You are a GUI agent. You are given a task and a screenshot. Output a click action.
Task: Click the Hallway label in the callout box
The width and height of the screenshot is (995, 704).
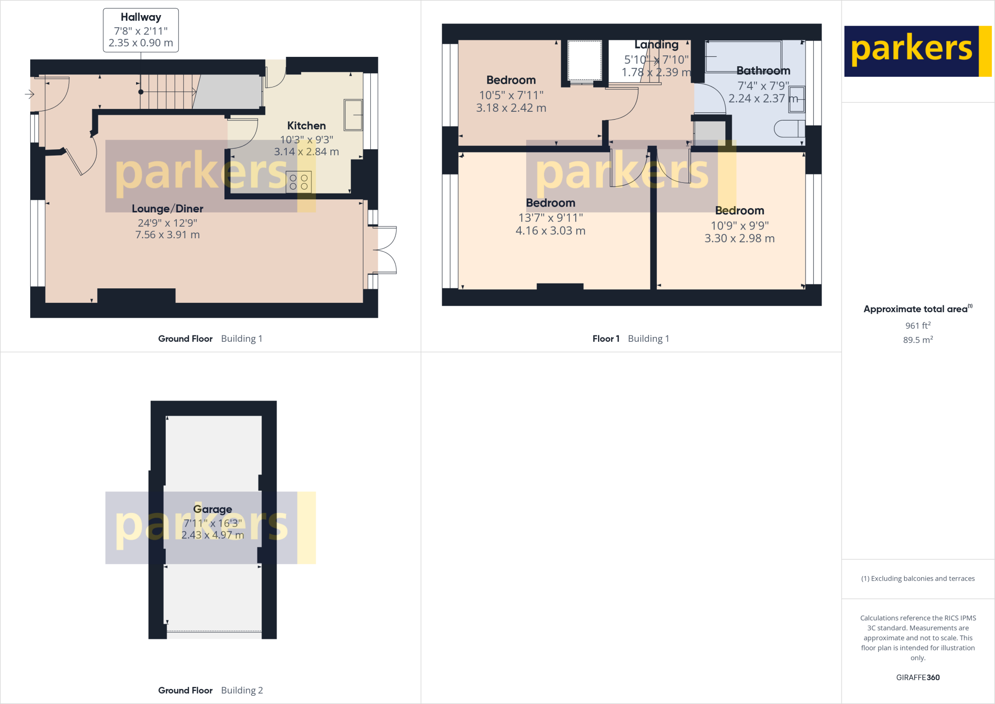[141, 18]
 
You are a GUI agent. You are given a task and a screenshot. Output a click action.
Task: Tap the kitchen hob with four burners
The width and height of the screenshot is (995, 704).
[299, 182]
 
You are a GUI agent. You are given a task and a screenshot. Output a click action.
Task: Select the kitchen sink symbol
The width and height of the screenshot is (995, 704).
[353, 115]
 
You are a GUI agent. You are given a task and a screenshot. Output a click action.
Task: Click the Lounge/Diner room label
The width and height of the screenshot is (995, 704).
[168, 209]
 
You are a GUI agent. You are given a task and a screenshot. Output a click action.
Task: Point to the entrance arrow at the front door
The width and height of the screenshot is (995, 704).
[30, 94]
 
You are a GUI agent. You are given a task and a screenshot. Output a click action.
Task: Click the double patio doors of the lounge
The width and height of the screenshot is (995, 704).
[386, 250]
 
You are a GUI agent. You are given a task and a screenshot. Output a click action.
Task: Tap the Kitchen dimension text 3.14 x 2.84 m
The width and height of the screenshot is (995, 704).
[307, 152]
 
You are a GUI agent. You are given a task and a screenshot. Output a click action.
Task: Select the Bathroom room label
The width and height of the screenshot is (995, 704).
[763, 71]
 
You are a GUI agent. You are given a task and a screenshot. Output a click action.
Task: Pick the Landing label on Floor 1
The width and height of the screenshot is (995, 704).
[656, 45]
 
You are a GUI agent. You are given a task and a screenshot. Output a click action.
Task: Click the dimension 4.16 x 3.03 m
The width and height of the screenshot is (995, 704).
[550, 231]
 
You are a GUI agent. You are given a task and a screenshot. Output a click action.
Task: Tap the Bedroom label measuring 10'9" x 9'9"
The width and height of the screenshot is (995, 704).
[739, 211]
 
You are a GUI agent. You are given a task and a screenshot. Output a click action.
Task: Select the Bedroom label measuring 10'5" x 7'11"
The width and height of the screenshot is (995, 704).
[511, 80]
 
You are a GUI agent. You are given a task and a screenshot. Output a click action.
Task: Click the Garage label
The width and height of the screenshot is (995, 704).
[212, 509]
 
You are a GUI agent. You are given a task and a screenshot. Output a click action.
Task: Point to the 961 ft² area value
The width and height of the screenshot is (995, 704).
[918, 326]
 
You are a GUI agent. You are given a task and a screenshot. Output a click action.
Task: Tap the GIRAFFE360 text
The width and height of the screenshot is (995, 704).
[918, 677]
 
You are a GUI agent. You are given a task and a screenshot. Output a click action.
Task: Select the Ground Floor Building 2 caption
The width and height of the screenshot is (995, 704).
[210, 690]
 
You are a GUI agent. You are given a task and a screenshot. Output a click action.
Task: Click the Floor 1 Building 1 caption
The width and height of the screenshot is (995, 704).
[631, 339]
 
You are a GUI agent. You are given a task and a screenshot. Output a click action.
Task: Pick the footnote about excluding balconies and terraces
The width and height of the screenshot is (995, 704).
[918, 579]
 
